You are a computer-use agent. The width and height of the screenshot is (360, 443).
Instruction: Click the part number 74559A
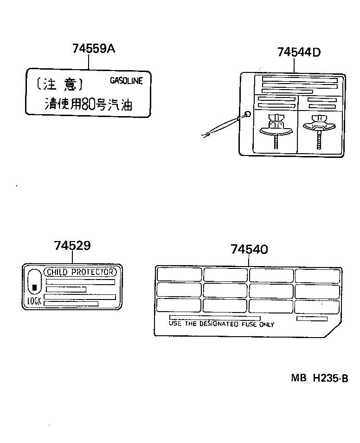click(x=93, y=48)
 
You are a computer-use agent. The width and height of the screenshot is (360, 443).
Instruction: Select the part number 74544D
click(x=299, y=52)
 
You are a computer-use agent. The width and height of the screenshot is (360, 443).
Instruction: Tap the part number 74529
click(x=72, y=246)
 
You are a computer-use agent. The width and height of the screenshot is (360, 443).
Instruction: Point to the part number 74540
click(x=249, y=249)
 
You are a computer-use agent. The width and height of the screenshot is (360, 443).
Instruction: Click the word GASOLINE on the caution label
click(x=126, y=81)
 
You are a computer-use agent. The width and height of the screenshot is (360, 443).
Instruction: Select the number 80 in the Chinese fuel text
click(x=88, y=104)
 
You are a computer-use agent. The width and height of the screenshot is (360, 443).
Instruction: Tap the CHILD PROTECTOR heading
click(x=79, y=272)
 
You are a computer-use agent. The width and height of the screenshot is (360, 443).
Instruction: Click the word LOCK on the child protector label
click(x=34, y=301)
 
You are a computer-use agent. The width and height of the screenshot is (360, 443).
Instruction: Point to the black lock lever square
click(x=34, y=288)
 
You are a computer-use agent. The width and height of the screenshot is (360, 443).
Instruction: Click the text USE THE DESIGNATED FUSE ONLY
click(x=221, y=325)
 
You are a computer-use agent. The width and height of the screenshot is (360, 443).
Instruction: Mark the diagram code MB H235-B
click(x=319, y=378)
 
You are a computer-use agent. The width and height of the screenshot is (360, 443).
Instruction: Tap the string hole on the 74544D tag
click(x=247, y=114)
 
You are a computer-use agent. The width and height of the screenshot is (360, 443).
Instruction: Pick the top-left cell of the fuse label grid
click(x=179, y=274)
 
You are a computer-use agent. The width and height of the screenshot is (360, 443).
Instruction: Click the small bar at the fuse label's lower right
click(x=312, y=319)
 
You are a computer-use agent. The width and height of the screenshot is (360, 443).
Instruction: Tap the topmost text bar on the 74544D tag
click(x=300, y=80)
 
